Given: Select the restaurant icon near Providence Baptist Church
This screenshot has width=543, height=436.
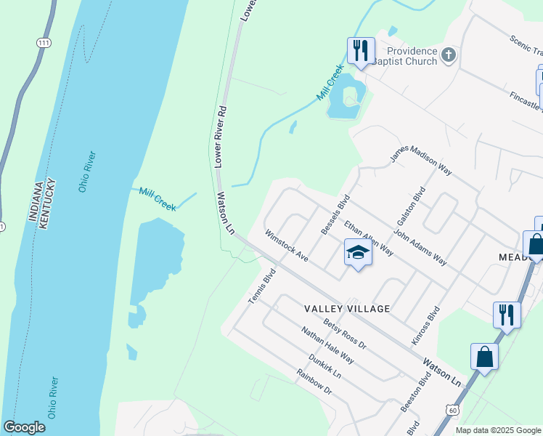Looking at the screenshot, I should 361,50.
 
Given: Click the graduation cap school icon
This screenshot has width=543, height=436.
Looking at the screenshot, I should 358,252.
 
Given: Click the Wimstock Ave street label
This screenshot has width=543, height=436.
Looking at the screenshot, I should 287,247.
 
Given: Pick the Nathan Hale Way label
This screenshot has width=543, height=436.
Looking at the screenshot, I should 328,345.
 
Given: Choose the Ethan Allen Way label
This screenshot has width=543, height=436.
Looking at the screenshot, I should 369,238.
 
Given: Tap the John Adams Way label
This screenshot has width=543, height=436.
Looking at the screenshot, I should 420,248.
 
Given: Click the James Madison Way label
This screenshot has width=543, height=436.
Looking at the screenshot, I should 421,161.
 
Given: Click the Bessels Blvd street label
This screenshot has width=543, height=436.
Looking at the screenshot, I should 336,214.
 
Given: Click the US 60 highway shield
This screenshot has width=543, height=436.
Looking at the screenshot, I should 452,410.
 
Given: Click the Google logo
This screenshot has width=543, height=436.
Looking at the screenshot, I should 24,427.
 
